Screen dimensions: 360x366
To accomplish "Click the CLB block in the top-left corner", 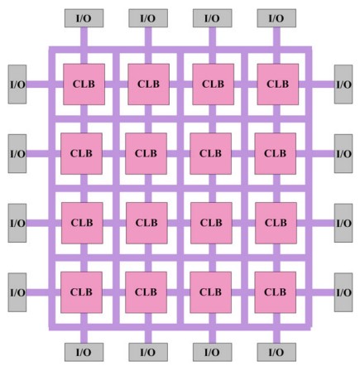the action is pyautogui.click(x=84, y=84).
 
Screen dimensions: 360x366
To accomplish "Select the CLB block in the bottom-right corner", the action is pyautogui.click(x=276, y=292).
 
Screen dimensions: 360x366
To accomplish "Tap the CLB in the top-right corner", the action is pyautogui.click(x=278, y=84).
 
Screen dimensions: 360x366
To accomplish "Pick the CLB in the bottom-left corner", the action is pyautogui.click(x=81, y=292).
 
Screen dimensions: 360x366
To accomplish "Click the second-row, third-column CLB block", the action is pyautogui.click(x=211, y=153).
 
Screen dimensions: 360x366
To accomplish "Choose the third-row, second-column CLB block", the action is pyautogui.click(x=146, y=223).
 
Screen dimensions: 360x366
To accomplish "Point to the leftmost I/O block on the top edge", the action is pyautogui.click(x=84, y=18).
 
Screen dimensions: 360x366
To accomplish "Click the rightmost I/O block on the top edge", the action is pyautogui.click(x=276, y=18).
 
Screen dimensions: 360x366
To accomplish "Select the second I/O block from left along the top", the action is pyautogui.click(x=148, y=18).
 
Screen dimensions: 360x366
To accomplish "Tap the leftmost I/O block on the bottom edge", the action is pyautogui.click(x=84, y=352).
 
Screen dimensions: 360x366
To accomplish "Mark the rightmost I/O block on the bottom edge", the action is pyautogui.click(x=276, y=352).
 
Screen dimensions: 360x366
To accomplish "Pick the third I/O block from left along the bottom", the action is pyautogui.click(x=213, y=352).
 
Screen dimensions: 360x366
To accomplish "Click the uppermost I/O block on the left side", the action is pyautogui.click(x=17, y=84).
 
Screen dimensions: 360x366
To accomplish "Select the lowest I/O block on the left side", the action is pyautogui.click(x=17, y=292).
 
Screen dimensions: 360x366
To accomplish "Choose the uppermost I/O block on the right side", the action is pyautogui.click(x=343, y=84).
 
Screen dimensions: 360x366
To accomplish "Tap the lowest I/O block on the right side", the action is pyautogui.click(x=343, y=292).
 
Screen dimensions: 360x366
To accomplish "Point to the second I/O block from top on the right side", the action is pyautogui.click(x=343, y=153).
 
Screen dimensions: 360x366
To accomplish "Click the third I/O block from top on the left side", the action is pyautogui.click(x=17, y=223).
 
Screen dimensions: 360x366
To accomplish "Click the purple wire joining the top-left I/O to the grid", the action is pyautogui.click(x=84, y=37).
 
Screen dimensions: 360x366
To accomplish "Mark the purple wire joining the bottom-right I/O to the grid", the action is pyautogui.click(x=276, y=337).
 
